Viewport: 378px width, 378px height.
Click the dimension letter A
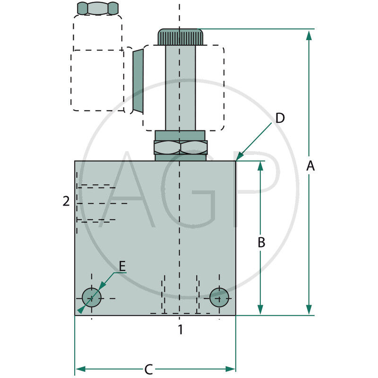[x=310, y=166]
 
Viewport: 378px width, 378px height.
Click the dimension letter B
[x=261, y=242]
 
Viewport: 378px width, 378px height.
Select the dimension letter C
[x=148, y=369]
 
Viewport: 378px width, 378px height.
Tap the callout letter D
[x=280, y=118]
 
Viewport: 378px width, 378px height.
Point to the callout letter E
[x=122, y=266]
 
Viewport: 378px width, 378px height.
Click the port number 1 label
[x=180, y=329]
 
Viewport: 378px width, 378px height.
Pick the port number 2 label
[x=66, y=201]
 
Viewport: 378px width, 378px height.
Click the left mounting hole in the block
[x=91, y=297]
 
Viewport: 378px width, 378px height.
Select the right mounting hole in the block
[x=219, y=297]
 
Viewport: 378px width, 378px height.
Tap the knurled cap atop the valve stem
[x=180, y=37]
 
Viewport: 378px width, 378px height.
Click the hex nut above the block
[x=180, y=147]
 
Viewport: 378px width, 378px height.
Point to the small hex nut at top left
[x=97, y=8]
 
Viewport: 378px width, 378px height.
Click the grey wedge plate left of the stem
[x=137, y=81]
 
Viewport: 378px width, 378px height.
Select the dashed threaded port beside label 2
[x=97, y=203]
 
